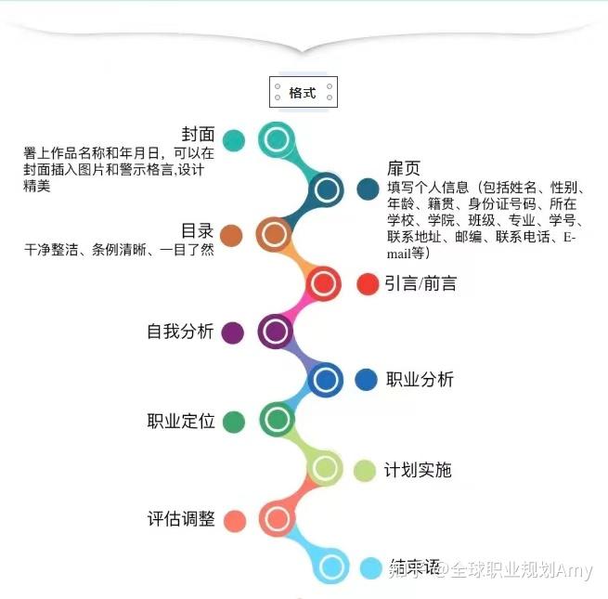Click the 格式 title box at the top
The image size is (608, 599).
click(303, 93)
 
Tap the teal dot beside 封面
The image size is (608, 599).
click(234, 141)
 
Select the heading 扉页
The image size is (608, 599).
click(404, 168)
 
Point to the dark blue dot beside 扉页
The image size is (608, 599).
click(368, 189)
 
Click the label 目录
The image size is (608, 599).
click(197, 230)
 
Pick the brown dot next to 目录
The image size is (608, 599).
click(232, 235)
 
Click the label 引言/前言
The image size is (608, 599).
click(420, 284)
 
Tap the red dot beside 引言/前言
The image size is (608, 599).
click(368, 284)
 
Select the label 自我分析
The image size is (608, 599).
click(180, 332)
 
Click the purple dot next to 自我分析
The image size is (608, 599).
click(233, 332)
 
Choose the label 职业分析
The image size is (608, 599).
click(420, 379)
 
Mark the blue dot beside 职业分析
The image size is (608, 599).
click(367, 379)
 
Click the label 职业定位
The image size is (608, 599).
click(181, 421)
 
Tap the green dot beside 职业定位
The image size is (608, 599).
click(233, 421)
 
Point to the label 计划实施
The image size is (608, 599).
click(418, 470)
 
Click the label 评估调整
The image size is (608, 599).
click(181, 519)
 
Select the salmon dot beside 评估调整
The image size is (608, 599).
click(235, 520)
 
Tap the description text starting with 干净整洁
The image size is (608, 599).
click(119, 250)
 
